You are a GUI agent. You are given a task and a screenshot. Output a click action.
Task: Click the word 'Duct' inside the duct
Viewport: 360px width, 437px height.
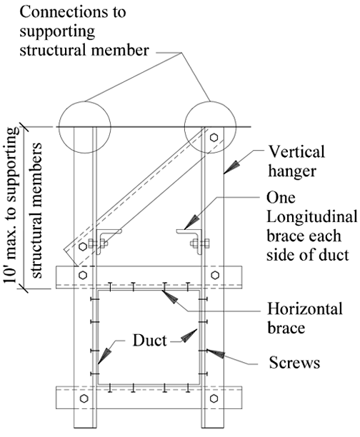[149, 341]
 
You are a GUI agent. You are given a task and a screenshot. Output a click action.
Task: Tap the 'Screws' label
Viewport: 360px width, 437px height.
[294, 363]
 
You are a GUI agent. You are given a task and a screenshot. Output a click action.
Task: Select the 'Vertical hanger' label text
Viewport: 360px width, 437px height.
[296, 161]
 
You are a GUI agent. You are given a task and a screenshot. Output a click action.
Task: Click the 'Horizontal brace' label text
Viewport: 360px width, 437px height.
[305, 318]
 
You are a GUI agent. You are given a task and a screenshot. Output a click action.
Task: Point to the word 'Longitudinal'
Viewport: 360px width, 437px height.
[311, 217]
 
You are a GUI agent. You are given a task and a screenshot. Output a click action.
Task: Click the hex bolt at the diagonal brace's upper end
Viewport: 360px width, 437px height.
[214, 137]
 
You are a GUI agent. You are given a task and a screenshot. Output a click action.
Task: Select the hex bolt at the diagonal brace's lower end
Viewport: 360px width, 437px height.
[83, 246]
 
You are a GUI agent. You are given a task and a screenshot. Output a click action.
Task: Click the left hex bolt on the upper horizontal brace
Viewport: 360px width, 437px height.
[83, 275]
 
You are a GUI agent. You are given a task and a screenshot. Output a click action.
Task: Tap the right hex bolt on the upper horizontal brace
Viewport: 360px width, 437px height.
[214, 275]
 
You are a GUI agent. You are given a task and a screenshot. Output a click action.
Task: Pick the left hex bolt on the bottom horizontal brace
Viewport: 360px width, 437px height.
[84, 398]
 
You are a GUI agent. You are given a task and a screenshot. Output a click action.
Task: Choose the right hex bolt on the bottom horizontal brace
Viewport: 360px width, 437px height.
[214, 398]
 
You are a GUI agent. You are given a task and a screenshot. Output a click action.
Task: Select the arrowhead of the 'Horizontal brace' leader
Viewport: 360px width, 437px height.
[170, 297]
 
